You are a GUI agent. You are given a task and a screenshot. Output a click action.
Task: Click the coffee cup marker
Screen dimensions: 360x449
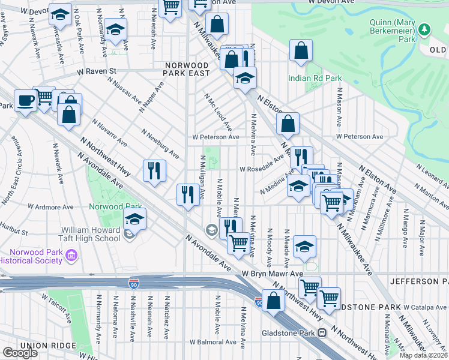click(25, 101)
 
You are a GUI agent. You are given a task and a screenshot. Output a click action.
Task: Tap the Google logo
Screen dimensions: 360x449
click(20, 353)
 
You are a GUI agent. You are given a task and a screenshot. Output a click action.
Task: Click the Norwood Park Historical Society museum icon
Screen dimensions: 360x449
click(71, 257)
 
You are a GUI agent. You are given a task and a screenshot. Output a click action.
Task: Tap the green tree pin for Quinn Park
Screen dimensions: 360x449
click(424, 29)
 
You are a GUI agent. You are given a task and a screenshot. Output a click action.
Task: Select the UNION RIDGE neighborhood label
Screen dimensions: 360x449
click(47, 346)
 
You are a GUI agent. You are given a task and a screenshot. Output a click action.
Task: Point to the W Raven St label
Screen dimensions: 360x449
click(95, 71)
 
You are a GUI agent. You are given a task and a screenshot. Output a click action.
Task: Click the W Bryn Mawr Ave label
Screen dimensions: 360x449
click(273, 273)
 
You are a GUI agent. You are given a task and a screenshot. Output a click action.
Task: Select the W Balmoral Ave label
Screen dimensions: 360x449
click(213, 342)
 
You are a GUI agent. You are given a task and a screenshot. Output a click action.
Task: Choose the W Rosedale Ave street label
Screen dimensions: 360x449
click(261, 169)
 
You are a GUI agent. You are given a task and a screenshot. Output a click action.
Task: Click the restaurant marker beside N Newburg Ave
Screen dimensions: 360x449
click(154, 170)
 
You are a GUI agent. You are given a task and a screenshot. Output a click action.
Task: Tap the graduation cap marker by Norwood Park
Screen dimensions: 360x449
click(135, 219)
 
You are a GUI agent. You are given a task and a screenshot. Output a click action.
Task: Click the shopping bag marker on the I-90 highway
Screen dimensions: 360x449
click(273, 301)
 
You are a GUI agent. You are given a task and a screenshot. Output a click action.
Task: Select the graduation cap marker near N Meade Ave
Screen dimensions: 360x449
click(304, 246)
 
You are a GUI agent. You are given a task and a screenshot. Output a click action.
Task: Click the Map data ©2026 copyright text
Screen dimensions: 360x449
click(423, 355)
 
